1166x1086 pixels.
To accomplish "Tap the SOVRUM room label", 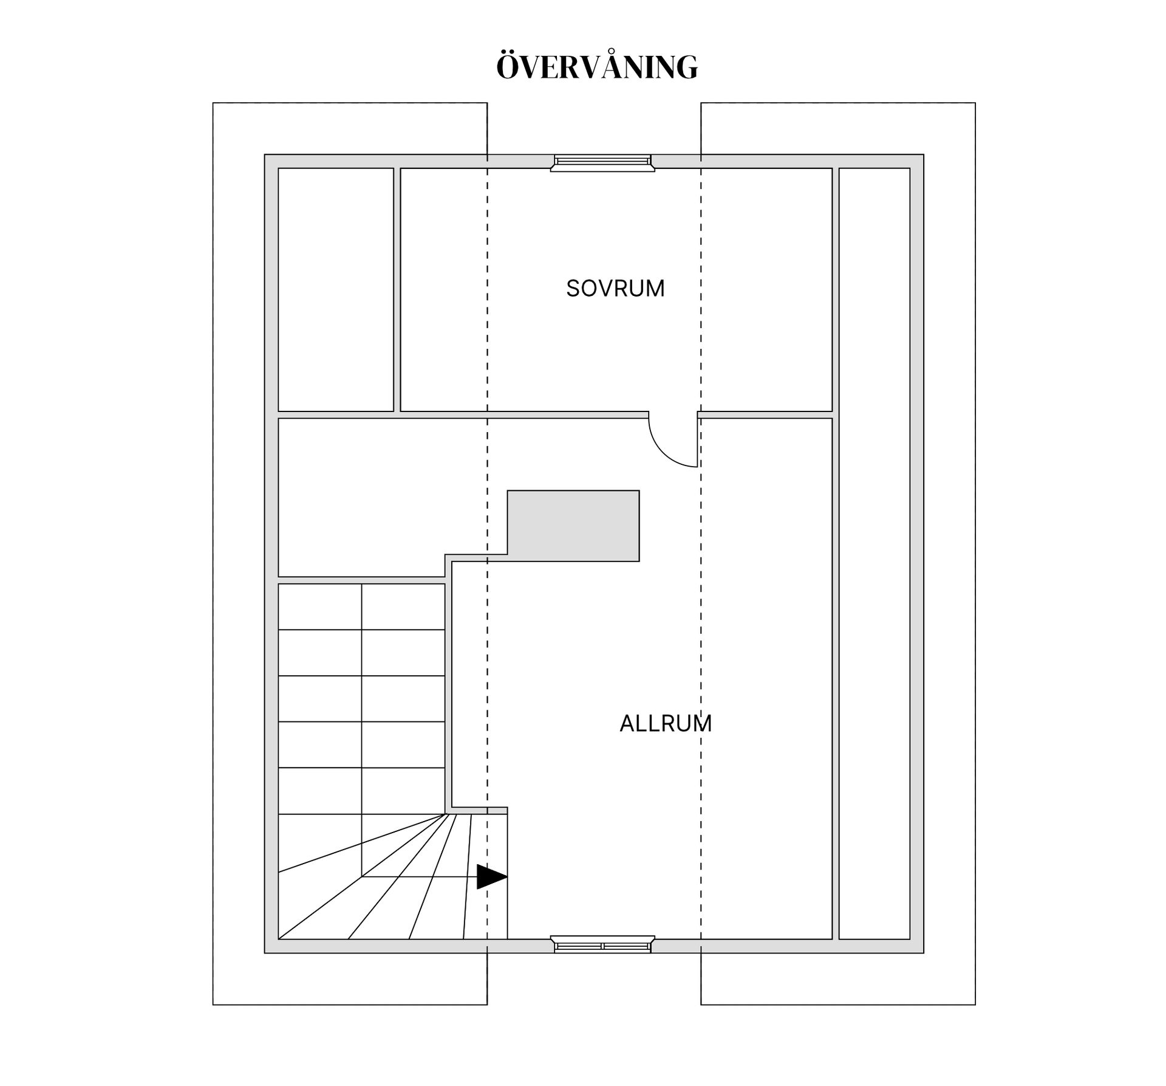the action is (x=615, y=289).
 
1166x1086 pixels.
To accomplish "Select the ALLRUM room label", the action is (x=666, y=723).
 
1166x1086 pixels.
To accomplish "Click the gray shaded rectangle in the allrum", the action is (x=573, y=526).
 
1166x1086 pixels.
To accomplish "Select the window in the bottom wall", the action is (x=602, y=945).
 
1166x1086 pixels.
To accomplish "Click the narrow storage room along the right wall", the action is (x=874, y=554).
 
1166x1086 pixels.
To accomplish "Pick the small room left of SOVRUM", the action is (x=336, y=289).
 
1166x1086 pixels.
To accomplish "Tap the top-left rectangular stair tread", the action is (x=320, y=607).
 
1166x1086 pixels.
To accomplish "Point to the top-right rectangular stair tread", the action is (x=403, y=607).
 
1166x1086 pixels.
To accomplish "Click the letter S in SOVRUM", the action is (x=573, y=289).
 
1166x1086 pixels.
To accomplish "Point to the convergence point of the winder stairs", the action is (x=446, y=814).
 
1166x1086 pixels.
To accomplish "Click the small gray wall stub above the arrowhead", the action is (x=497, y=810).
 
